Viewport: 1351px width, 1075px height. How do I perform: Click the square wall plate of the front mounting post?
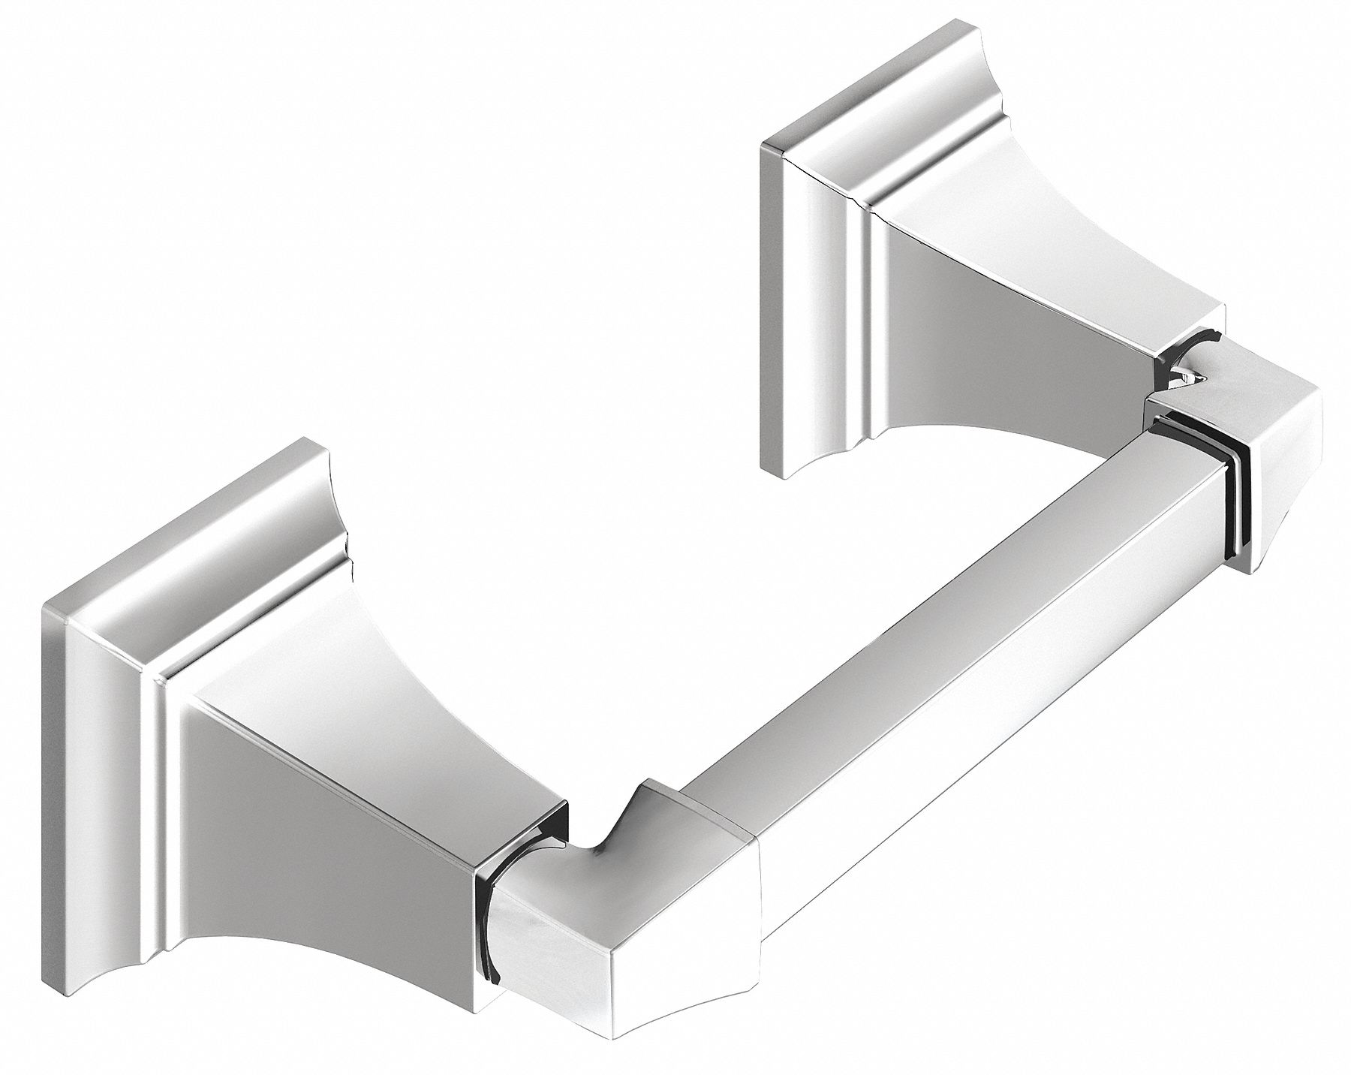pos(113,751)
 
